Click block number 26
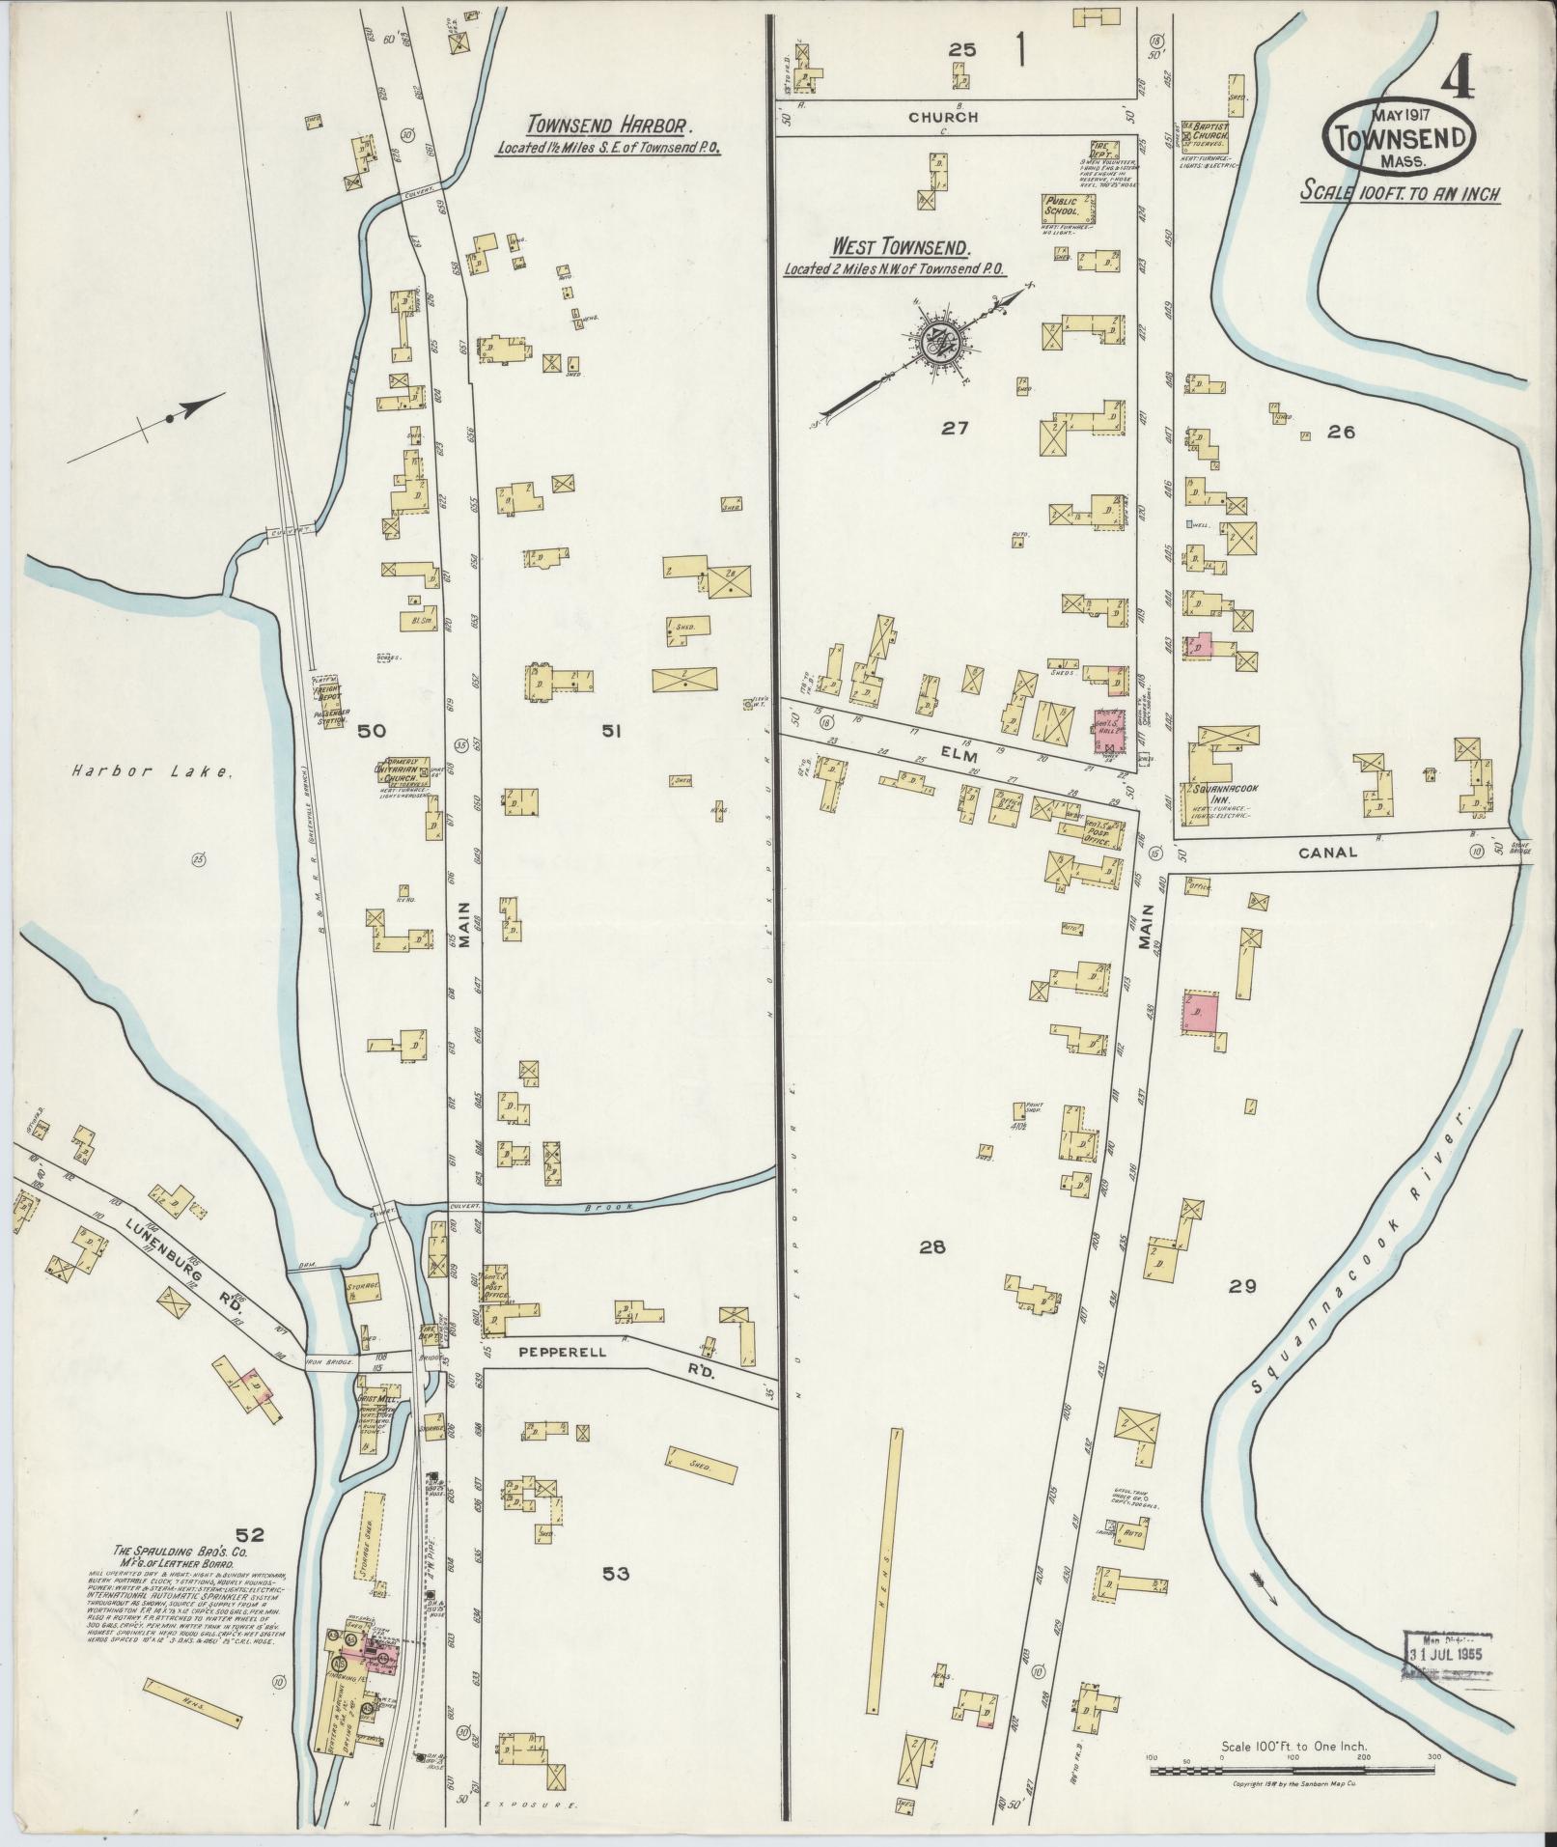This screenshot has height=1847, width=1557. (x=1341, y=433)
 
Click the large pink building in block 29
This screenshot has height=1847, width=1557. (x=1200, y=1012)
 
